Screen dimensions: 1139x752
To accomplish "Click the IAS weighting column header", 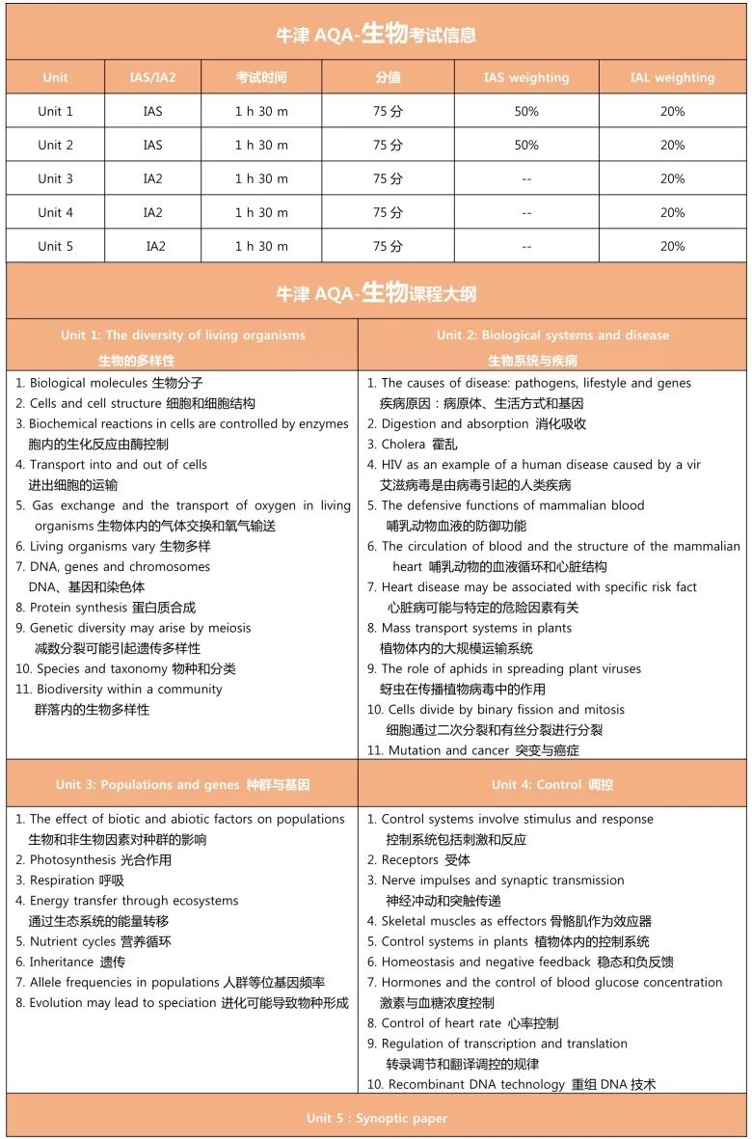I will point(526,77).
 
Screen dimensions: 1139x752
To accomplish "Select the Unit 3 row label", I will point(55,178).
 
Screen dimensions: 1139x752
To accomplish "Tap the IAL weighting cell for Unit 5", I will point(672,246).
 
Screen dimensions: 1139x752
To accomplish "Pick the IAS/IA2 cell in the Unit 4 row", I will point(152,212).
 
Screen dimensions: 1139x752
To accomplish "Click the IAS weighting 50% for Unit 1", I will point(526,111).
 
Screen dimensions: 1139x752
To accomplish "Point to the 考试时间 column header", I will point(261,77).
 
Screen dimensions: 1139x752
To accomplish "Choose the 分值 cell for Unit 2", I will point(388,145).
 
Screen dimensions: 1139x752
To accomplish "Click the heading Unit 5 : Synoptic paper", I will point(376,1118).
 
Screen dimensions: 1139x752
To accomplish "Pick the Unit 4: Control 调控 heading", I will point(551,784).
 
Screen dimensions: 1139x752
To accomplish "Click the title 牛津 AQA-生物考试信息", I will point(376,35).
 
